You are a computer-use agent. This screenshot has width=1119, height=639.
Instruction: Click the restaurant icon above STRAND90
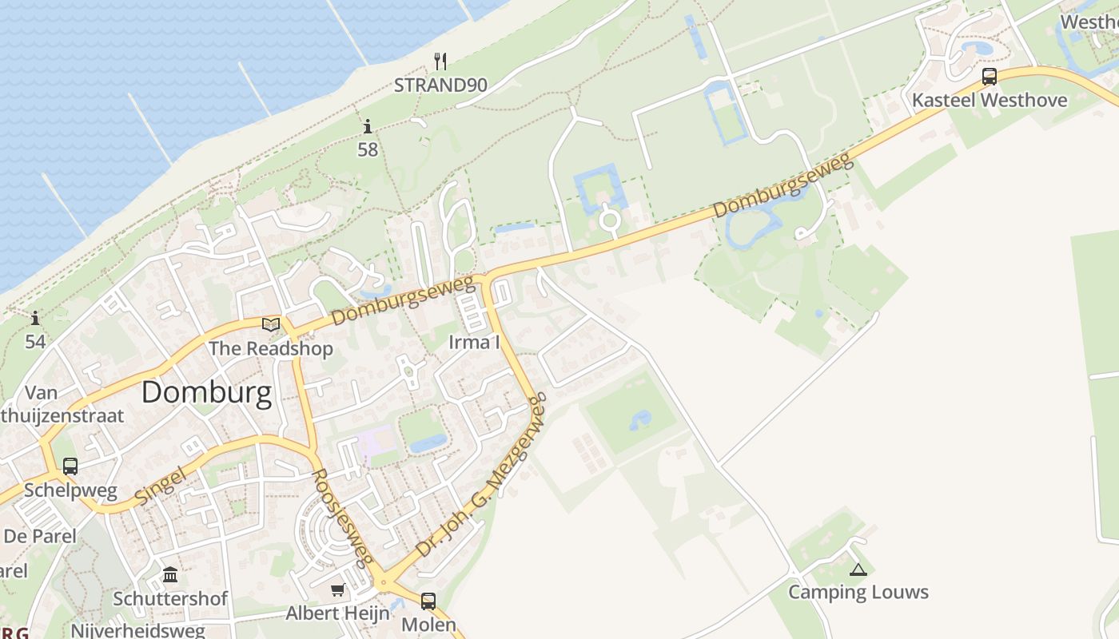click(x=440, y=61)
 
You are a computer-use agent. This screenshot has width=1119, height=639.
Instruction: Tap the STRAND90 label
click(x=440, y=85)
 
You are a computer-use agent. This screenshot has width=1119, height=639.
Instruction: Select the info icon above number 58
click(x=368, y=126)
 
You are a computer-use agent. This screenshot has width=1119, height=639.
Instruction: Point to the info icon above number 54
click(x=35, y=319)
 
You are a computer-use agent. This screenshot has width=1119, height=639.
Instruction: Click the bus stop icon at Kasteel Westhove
click(x=990, y=77)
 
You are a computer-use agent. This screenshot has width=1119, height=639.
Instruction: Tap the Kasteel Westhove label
click(x=990, y=101)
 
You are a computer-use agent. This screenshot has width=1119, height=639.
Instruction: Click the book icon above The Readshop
click(x=271, y=324)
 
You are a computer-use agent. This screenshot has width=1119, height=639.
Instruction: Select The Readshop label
click(x=271, y=348)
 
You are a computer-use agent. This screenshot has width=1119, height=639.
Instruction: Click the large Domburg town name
click(x=207, y=393)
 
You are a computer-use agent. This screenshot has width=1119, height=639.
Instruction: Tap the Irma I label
click(x=474, y=343)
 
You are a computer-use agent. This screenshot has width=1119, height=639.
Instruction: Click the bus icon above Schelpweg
click(x=70, y=466)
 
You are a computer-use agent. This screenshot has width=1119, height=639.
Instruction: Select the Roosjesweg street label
click(x=341, y=517)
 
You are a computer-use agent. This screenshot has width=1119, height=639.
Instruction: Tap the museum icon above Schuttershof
click(x=170, y=575)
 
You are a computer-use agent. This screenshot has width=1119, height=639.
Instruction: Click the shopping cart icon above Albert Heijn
click(x=338, y=590)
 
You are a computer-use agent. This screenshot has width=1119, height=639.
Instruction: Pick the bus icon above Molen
click(x=428, y=601)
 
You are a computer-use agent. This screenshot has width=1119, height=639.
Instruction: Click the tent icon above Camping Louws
click(x=858, y=570)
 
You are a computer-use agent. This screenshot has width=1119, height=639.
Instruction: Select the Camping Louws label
click(x=858, y=592)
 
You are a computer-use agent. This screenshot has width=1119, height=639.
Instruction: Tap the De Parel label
click(x=40, y=536)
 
